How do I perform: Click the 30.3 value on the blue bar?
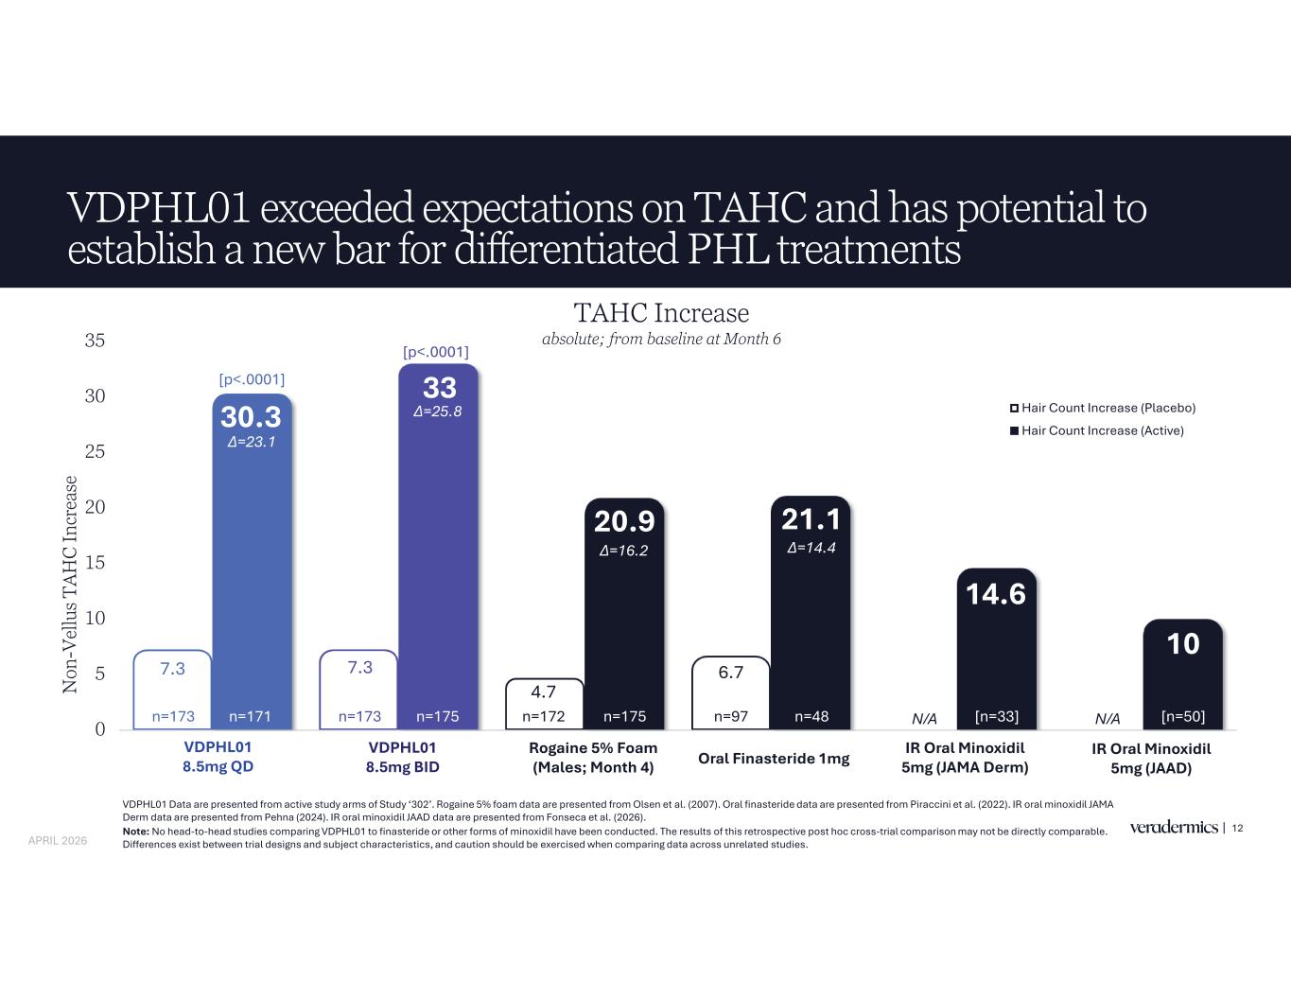pos(251,417)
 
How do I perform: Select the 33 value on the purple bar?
pos(439,388)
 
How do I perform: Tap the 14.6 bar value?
pos(996,594)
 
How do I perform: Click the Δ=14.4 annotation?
pos(811,547)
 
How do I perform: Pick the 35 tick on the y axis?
pos(95,341)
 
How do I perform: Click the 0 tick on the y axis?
pos(98,729)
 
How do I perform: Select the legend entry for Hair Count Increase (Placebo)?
pos(1103,408)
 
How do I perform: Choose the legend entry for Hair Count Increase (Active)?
pos(1097,430)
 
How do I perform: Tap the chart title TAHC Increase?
pos(661,312)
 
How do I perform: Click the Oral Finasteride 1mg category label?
pos(774,759)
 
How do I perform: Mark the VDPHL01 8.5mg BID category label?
pos(402,758)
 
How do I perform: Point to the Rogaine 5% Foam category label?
pos(593,758)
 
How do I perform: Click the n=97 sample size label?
pos(730,717)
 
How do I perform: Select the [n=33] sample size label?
pos(996,717)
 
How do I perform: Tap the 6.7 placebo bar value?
pos(730,673)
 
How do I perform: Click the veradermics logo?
pos(1173,828)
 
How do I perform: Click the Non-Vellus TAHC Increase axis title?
pos(71,584)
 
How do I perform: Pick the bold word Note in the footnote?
pos(135,832)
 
